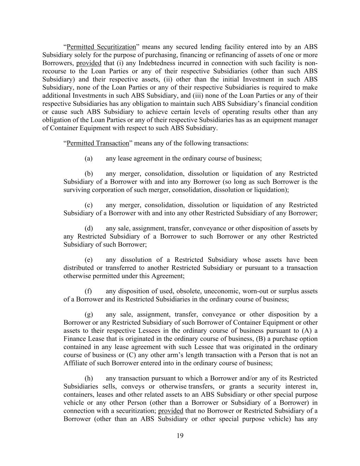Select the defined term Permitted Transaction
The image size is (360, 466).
coord(98,143)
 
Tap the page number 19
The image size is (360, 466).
coord(180,436)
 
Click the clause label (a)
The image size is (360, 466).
coord(88,158)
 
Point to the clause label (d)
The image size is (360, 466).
coord(88,228)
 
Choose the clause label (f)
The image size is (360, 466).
coord(88,291)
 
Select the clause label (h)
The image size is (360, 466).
coord(88,378)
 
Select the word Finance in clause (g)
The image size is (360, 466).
coord(74,339)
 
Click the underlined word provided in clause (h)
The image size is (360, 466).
coord(171,411)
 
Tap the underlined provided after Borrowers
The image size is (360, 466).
coord(89,63)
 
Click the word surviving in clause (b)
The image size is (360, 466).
coord(76,190)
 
